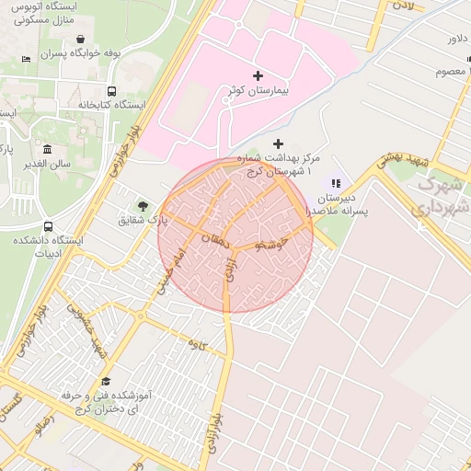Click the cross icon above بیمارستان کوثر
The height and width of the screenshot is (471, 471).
257,75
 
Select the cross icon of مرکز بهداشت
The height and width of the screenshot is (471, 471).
279,144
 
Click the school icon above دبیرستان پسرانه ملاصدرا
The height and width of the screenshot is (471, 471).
336,183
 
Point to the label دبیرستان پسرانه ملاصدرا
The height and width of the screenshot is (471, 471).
342,204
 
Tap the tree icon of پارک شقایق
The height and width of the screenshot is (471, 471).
142,205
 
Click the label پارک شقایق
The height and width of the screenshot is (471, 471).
144,221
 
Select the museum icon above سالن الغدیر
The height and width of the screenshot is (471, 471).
48,149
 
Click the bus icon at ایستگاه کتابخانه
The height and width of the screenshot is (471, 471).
111,91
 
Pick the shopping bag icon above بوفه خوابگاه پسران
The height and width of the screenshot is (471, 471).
82,40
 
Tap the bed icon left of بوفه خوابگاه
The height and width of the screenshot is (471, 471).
26,60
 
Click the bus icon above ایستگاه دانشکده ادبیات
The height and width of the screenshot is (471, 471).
48,226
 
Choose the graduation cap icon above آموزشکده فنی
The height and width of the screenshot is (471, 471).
105,381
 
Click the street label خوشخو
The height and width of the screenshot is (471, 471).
274,244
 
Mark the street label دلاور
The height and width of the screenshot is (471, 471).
458,39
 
